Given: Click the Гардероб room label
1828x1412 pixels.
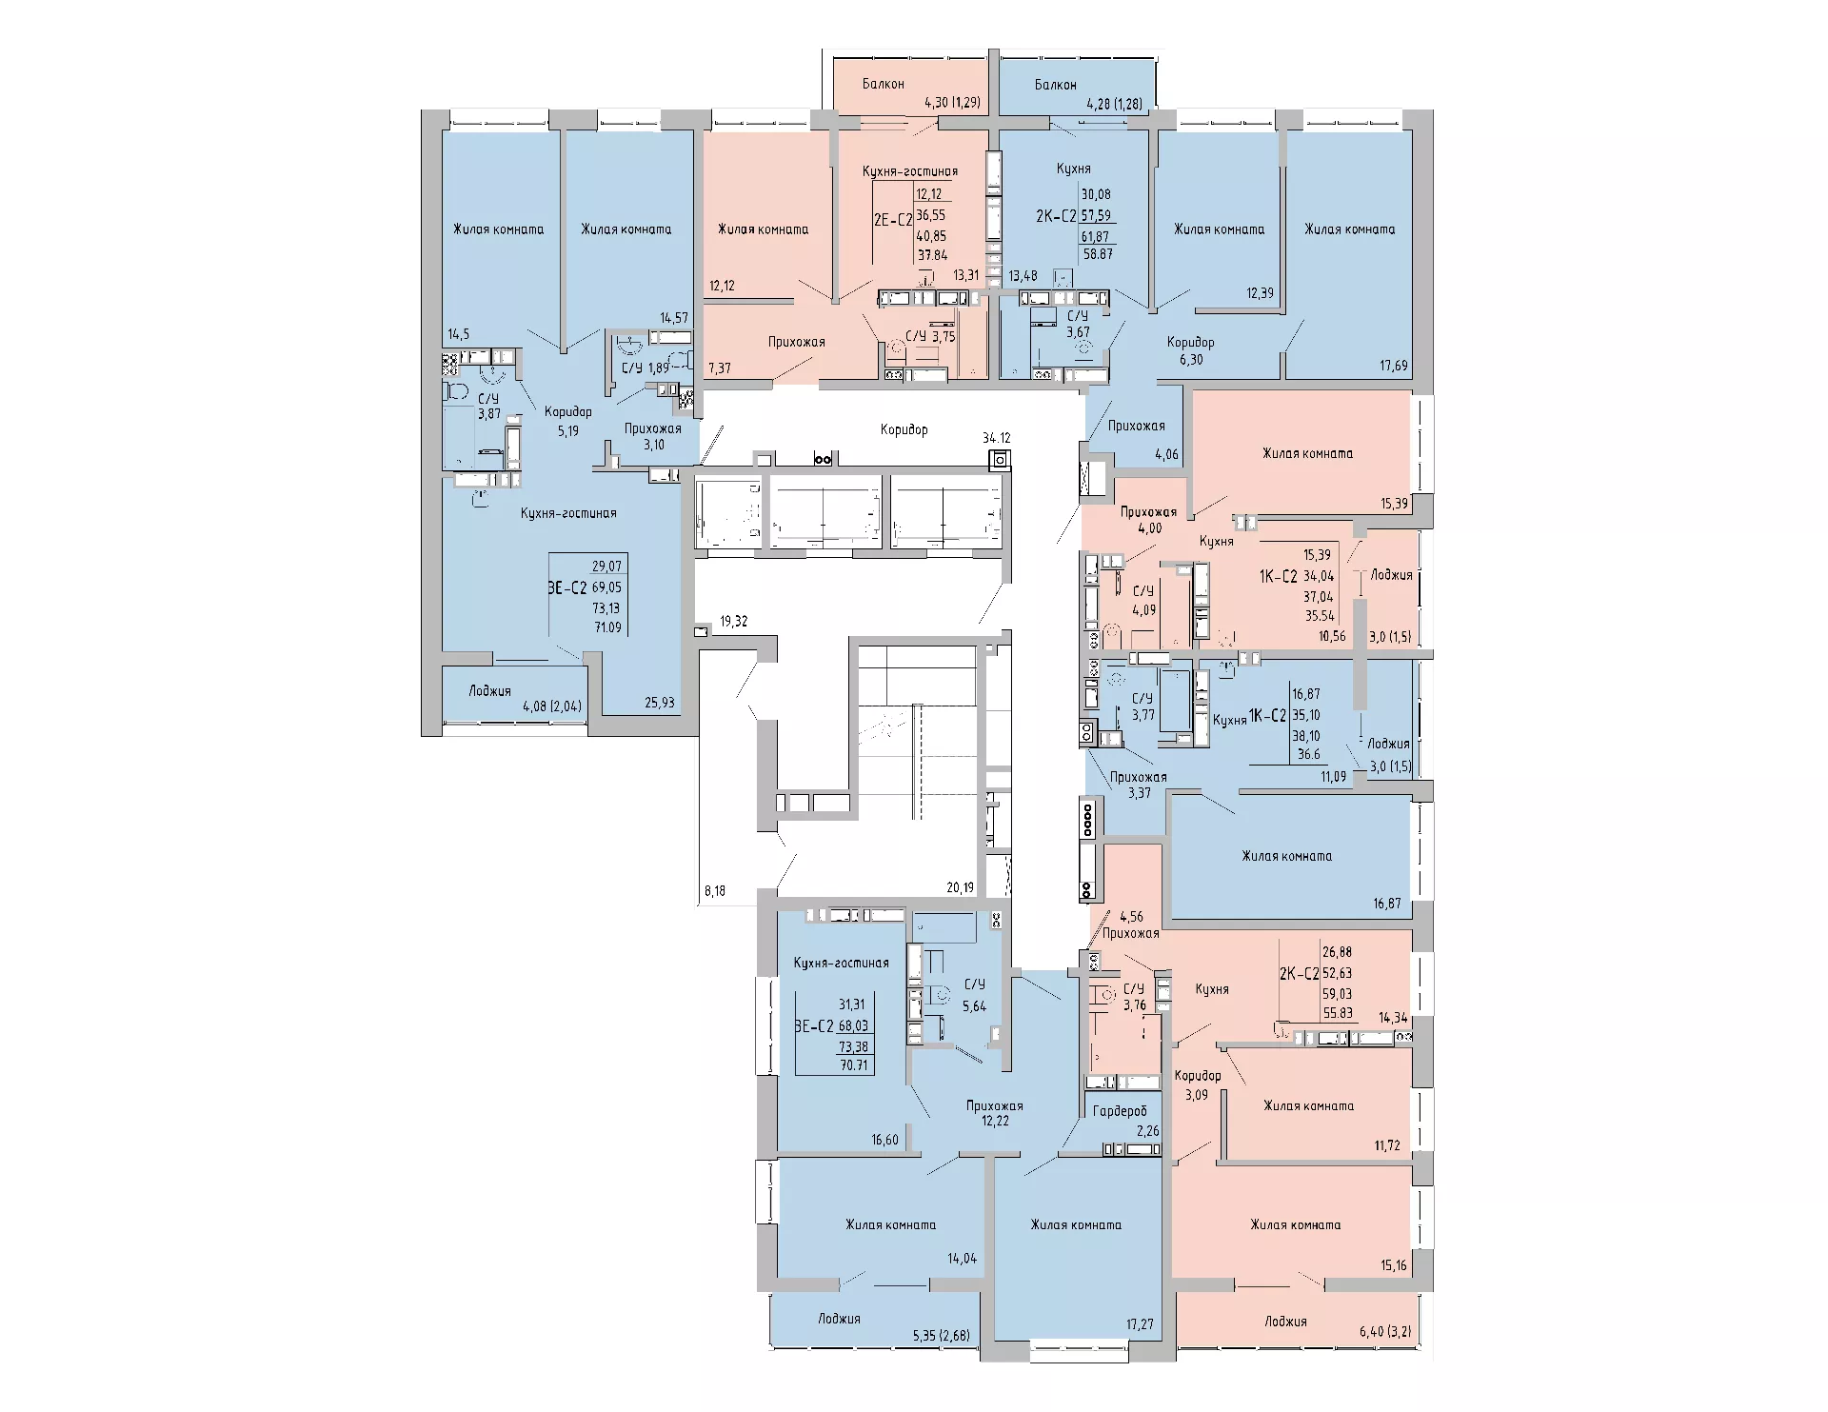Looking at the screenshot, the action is (x=1120, y=1111).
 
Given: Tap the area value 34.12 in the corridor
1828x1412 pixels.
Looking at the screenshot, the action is (x=997, y=438).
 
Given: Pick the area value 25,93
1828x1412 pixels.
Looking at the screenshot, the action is (x=660, y=703).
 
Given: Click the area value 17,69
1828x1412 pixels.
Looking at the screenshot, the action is (x=1394, y=366).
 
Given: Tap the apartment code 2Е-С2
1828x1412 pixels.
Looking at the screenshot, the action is (x=893, y=220).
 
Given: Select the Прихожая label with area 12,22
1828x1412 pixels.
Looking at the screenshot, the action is (x=995, y=1106).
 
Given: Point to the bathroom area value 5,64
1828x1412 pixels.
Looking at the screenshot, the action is (x=974, y=1005).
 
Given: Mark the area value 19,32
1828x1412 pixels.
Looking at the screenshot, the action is (x=734, y=622).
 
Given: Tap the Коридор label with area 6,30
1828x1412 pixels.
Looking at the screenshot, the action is (x=1191, y=342).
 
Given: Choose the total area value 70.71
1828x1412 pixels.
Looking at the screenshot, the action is (x=853, y=1065).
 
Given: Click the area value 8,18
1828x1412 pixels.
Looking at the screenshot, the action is (x=714, y=891).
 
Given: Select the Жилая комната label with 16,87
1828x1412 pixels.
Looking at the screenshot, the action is (x=1286, y=856).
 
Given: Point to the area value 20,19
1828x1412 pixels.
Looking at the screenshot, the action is (x=961, y=887).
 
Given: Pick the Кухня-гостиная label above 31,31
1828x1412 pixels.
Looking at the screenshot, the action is (x=841, y=963).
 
